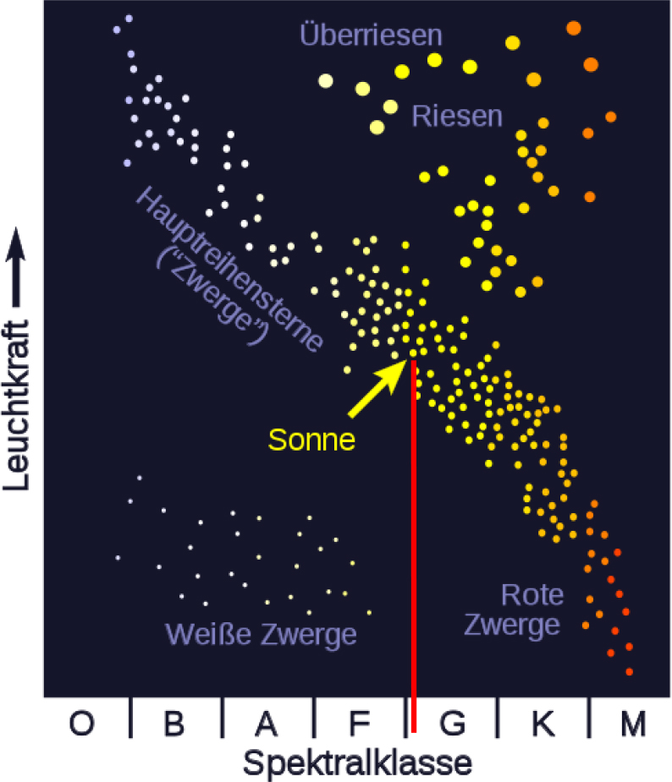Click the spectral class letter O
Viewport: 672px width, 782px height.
coord(82,723)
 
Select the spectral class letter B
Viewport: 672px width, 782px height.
coord(174,723)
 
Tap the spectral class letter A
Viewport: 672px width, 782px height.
coord(266,723)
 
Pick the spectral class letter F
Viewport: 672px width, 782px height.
coord(360,723)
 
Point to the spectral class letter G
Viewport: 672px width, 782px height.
coord(452,723)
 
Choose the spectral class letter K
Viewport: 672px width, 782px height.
coord(543,723)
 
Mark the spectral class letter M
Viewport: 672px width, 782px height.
coord(633,723)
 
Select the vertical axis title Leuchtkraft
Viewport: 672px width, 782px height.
coord(16,405)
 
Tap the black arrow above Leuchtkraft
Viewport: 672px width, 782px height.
coord(17,267)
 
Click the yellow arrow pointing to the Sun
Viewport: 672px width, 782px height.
coord(377,388)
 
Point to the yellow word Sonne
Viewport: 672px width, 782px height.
coord(311,440)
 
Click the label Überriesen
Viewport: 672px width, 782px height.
coord(371,35)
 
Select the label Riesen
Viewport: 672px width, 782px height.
coord(457,116)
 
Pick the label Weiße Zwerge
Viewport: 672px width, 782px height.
coord(261,634)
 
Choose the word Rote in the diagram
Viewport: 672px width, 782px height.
coord(532,595)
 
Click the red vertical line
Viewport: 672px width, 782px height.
coord(413,546)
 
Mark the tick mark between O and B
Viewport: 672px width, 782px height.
coord(131,717)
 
